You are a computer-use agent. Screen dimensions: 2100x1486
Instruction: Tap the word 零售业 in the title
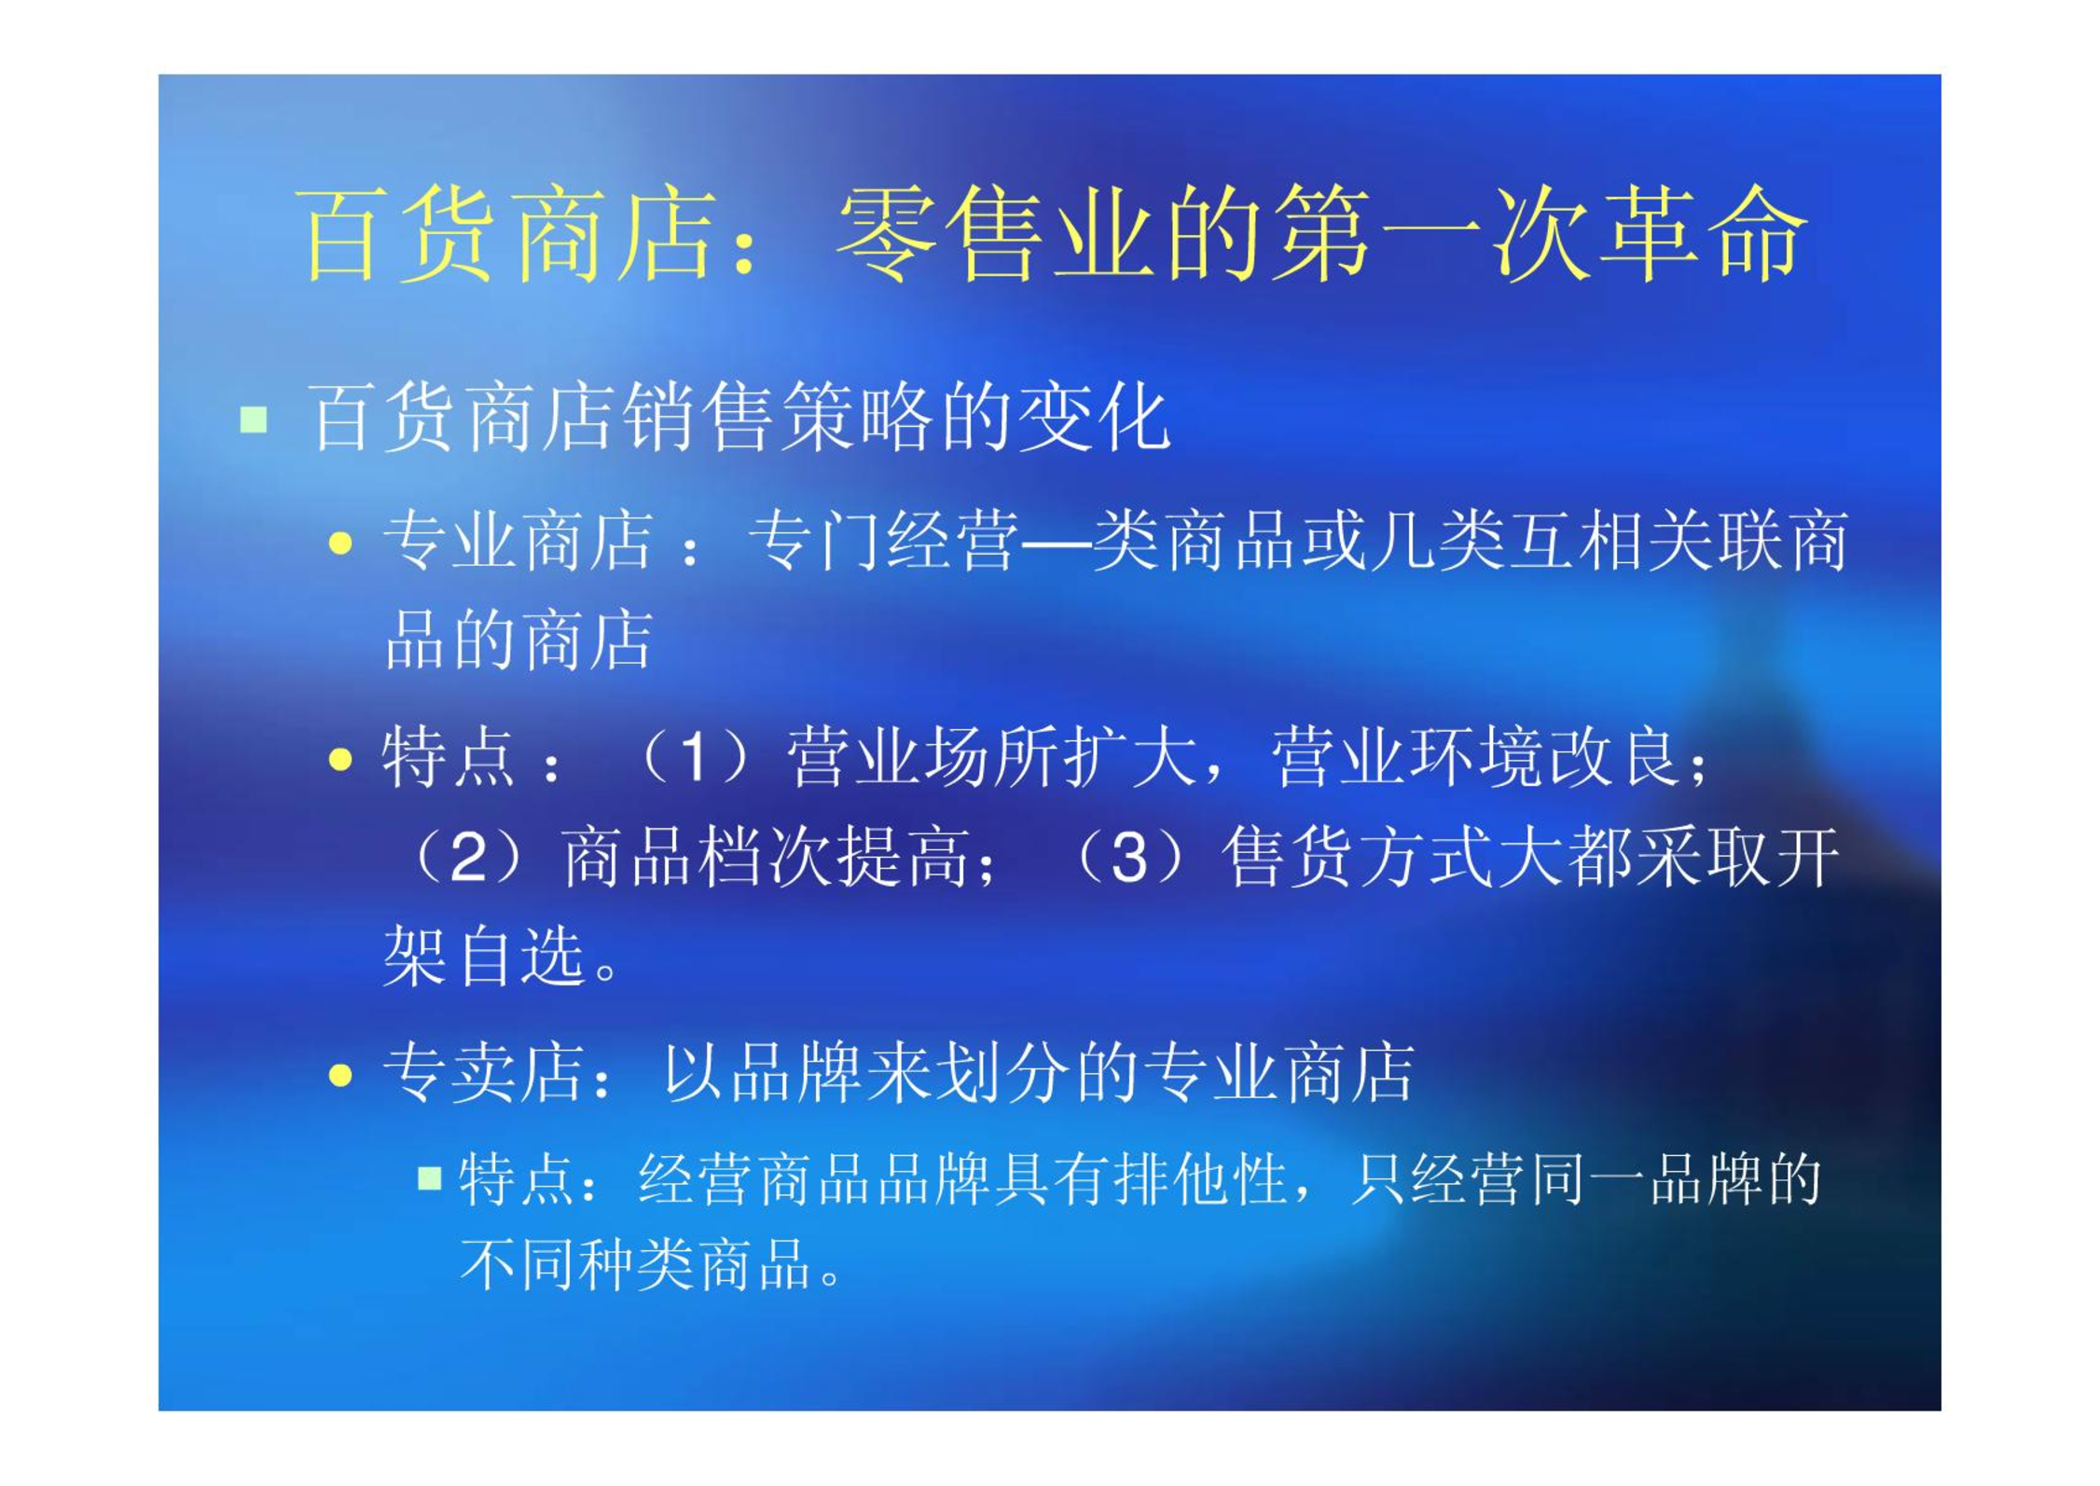[x=996, y=233]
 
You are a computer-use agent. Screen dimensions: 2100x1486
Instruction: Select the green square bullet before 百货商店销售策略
[x=254, y=420]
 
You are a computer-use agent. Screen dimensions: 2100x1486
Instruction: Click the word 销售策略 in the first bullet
[x=776, y=417]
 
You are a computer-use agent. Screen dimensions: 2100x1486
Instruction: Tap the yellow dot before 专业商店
[x=340, y=543]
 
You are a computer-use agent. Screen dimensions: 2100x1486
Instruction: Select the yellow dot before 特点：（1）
[x=340, y=760]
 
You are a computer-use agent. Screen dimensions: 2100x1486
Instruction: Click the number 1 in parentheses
[x=692, y=756]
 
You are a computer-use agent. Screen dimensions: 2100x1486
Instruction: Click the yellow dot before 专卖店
[x=340, y=1075]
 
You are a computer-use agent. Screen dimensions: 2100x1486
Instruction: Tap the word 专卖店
[x=483, y=1073]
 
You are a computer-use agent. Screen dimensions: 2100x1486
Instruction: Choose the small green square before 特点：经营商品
[x=429, y=1178]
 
